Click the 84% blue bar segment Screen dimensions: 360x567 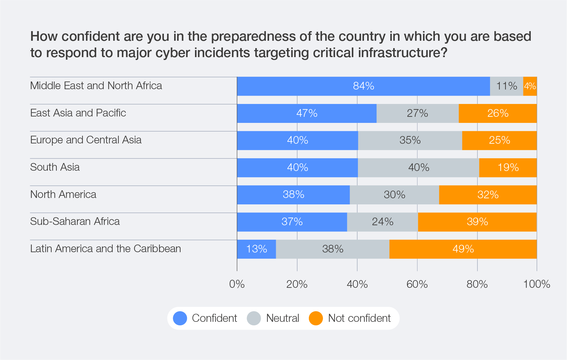[x=363, y=86]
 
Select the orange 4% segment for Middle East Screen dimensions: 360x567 [x=530, y=86]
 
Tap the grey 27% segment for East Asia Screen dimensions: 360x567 [x=418, y=113]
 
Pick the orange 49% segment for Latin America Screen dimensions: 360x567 [x=463, y=249]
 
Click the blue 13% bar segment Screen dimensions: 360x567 [x=257, y=249]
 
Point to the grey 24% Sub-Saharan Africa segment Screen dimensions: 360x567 [x=382, y=222]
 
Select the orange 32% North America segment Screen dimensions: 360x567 [x=488, y=195]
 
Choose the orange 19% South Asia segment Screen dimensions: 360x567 [x=508, y=167]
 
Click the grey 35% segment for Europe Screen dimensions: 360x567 [x=410, y=140]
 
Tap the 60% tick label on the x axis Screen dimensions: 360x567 [x=417, y=284]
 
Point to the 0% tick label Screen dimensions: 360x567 [x=237, y=284]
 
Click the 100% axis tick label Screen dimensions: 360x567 [x=537, y=284]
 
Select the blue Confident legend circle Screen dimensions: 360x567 [x=180, y=318]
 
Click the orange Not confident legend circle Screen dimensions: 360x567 [x=316, y=318]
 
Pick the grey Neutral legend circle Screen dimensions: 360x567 [x=254, y=318]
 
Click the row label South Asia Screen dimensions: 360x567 [x=55, y=167]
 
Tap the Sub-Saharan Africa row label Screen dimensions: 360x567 [x=75, y=221]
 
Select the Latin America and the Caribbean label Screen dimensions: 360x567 [x=106, y=249]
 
